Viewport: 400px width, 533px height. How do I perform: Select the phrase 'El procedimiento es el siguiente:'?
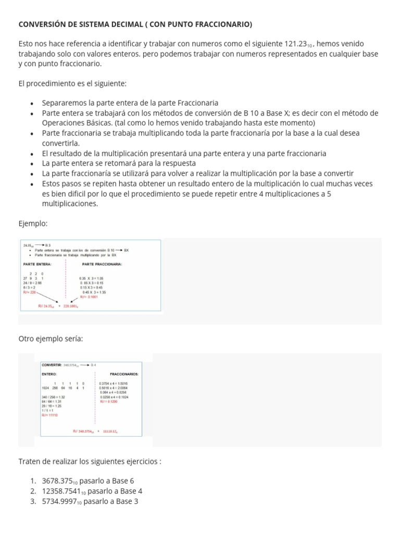(x=72, y=83)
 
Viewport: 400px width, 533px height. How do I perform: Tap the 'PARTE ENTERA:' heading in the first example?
(x=37, y=264)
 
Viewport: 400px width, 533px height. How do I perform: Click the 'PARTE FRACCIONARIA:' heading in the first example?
(x=102, y=264)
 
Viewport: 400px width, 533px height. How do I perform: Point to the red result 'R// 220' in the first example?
(x=30, y=292)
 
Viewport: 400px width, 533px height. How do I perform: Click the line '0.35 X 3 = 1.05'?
(x=92, y=278)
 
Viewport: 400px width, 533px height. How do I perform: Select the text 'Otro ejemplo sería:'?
(x=51, y=339)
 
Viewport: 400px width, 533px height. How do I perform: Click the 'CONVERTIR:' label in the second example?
(x=52, y=365)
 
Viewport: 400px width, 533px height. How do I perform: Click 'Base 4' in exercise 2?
(x=131, y=491)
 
